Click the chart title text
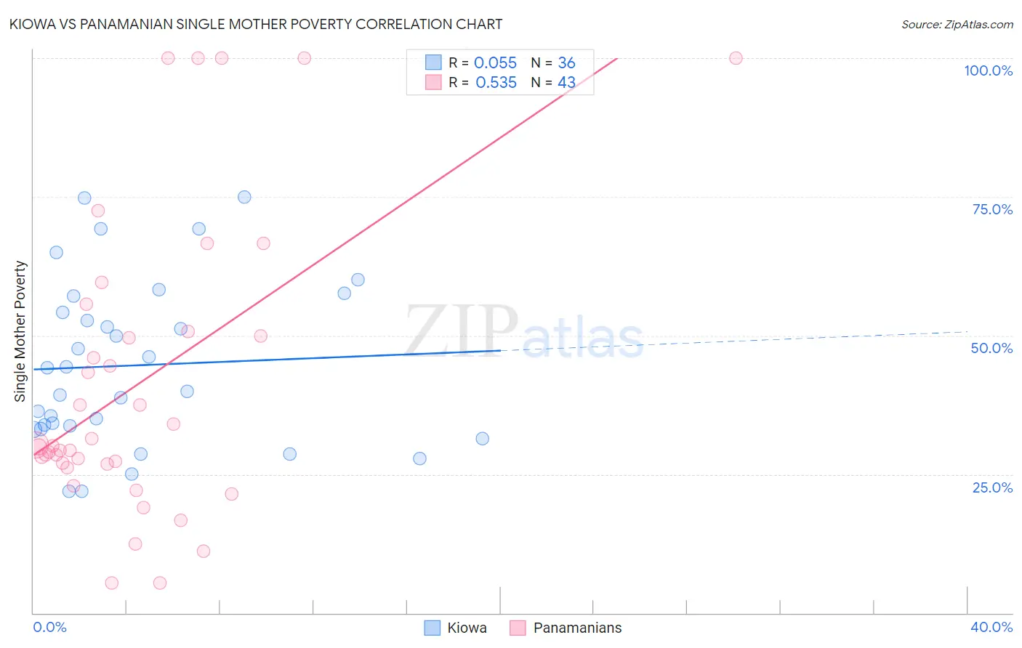click(x=256, y=24)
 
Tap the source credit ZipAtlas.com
click(x=957, y=24)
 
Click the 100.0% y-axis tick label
click(x=988, y=70)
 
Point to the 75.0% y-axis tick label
click(x=992, y=209)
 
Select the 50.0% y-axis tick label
click(x=991, y=348)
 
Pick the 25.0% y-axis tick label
click(x=992, y=487)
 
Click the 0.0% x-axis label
click(x=49, y=627)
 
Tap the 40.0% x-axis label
click(x=991, y=627)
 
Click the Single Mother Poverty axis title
click(x=20, y=331)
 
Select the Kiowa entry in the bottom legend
click(x=467, y=628)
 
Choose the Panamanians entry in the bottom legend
click(x=577, y=628)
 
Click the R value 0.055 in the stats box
click(x=495, y=63)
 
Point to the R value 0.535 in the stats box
click(x=496, y=83)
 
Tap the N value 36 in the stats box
click(x=566, y=63)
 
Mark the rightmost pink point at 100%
click(x=736, y=58)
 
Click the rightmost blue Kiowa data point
click(x=482, y=439)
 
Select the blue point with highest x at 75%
click(x=244, y=197)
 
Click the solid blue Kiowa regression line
click(x=291, y=359)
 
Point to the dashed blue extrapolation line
click(x=727, y=341)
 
